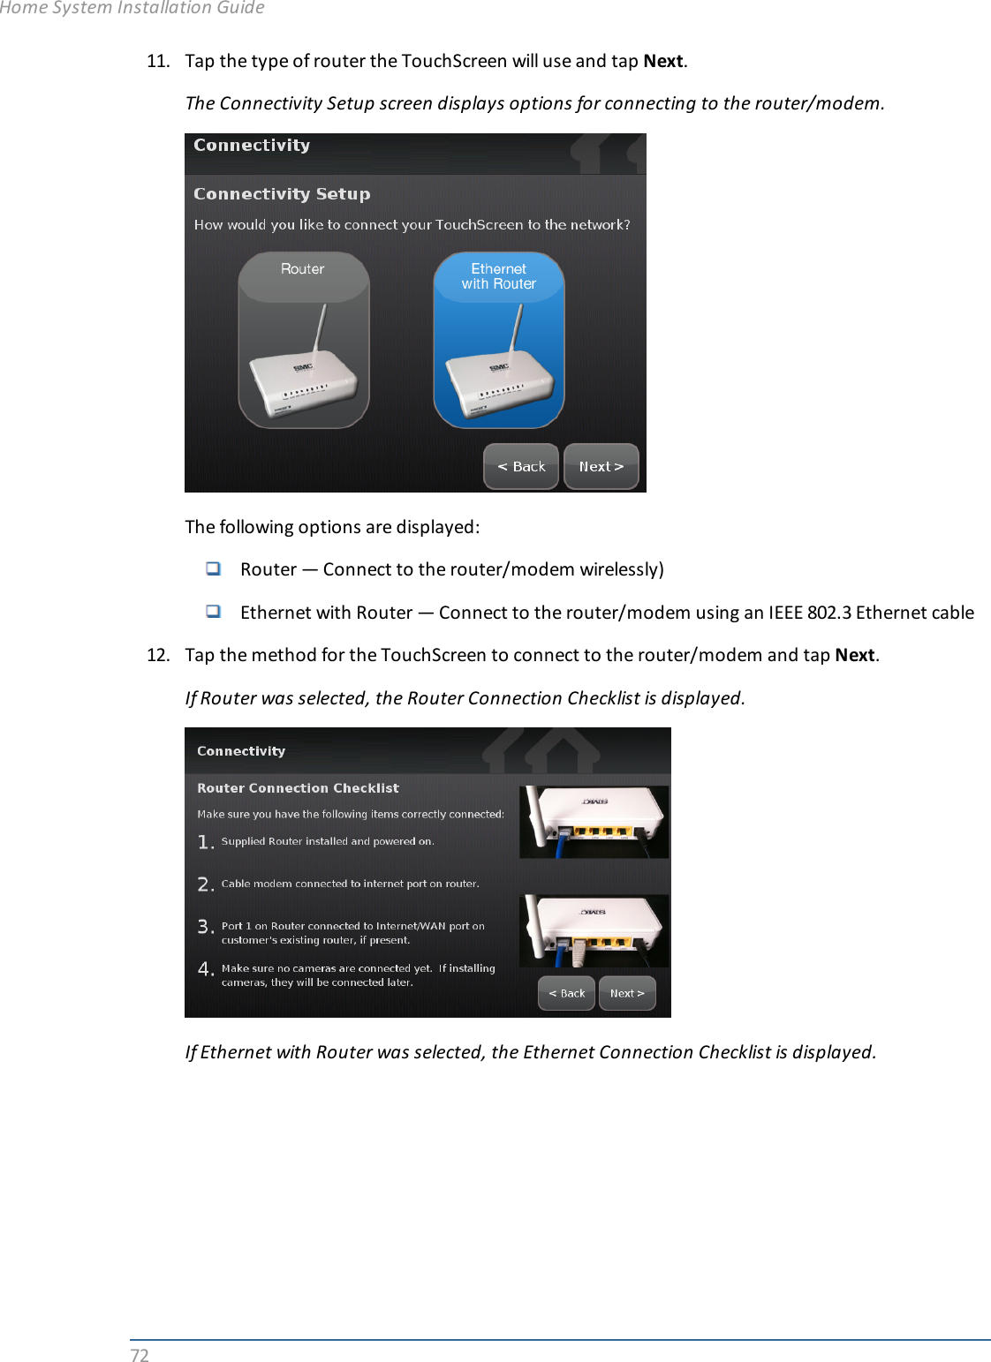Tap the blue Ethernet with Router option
[498, 340]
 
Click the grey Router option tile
[303, 340]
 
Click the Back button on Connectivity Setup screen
[521, 466]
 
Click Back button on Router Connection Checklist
[566, 993]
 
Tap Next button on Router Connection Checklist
[627, 993]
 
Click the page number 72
[140, 1355]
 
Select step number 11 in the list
[158, 61]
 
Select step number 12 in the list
[158, 655]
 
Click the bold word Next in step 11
[662, 61]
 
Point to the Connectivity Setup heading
[282, 193]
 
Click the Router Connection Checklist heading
[298, 787]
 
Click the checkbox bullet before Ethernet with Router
[213, 611]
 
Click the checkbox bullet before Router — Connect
[213, 568]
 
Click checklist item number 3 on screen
[206, 927]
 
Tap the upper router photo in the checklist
[594, 822]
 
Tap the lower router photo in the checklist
[594, 931]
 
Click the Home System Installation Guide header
[132, 8]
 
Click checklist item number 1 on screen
[206, 842]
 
